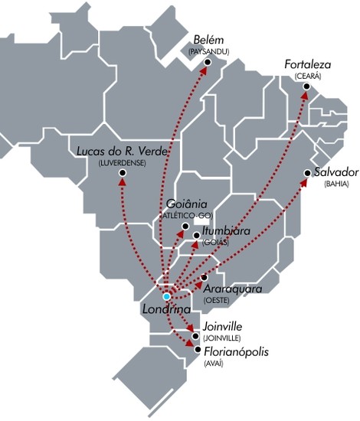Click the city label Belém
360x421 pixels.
point(208,39)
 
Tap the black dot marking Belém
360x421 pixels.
point(209,64)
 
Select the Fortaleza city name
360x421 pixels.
point(308,65)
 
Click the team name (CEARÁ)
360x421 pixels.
point(308,77)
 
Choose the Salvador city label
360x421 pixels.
point(335,172)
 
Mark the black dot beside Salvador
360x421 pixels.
point(307,174)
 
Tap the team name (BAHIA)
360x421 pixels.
point(335,184)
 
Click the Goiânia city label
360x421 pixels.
point(188,205)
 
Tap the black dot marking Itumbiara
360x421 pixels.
point(197,235)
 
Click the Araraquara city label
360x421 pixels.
point(234,289)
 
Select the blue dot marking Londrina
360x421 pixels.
point(166,296)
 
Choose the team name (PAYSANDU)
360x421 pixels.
point(208,51)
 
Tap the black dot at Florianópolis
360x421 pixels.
point(198,350)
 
